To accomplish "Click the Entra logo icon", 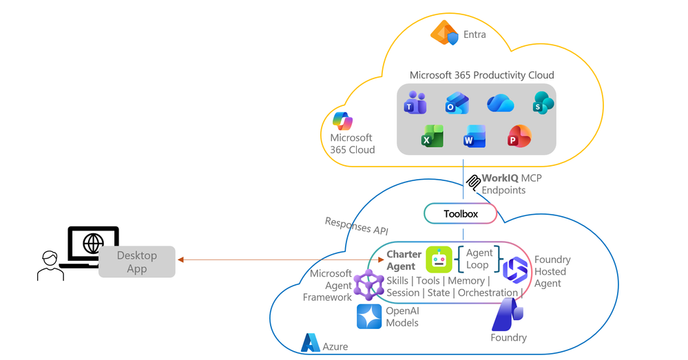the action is pos(444,33).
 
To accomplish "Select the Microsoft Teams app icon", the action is pos(415,103).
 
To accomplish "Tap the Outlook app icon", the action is pos(457,103).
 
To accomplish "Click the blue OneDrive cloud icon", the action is pos(500,103).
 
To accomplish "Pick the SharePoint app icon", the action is pos(543,103).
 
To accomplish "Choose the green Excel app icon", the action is pos(432,136).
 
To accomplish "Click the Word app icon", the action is pos(475,136).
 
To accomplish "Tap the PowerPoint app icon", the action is pos(519,136).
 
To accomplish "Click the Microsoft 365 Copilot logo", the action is pos(343,121).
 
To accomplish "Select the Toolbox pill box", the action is pos(460,213).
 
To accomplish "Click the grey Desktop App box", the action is pos(137,262).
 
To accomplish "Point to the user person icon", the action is pos(50,266).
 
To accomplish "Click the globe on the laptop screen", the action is pos(93,242).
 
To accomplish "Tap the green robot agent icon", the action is pos(439,259).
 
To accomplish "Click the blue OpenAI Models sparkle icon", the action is pos(369,317).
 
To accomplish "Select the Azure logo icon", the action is pos(310,343).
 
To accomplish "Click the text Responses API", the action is pos(356,226).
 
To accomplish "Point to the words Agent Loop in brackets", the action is pos(479,259).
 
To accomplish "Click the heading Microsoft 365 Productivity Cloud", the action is pos(482,75).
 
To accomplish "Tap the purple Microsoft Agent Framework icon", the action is pos(368,285).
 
